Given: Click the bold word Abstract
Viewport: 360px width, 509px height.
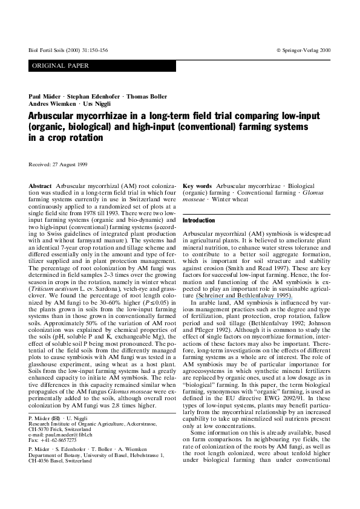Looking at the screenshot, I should (x=40, y=187).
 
